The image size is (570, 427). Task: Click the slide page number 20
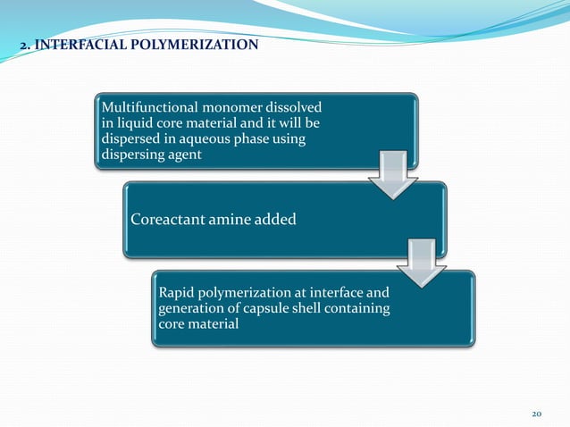[x=537, y=414]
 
